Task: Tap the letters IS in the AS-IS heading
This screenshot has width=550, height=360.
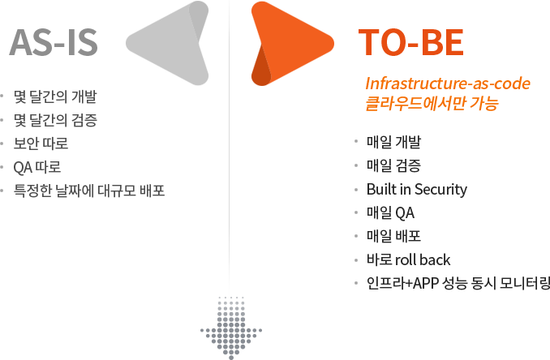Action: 79,44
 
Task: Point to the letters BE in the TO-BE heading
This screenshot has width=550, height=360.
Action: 440,44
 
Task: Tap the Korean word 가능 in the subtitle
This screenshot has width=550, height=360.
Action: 482,103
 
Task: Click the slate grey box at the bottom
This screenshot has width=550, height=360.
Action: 226,328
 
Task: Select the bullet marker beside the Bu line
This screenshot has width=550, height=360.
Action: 356,191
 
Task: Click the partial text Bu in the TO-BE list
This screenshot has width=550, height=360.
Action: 374,191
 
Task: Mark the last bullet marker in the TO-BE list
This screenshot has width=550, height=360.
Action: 356,284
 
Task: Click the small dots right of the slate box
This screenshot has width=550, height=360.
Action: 257,331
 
